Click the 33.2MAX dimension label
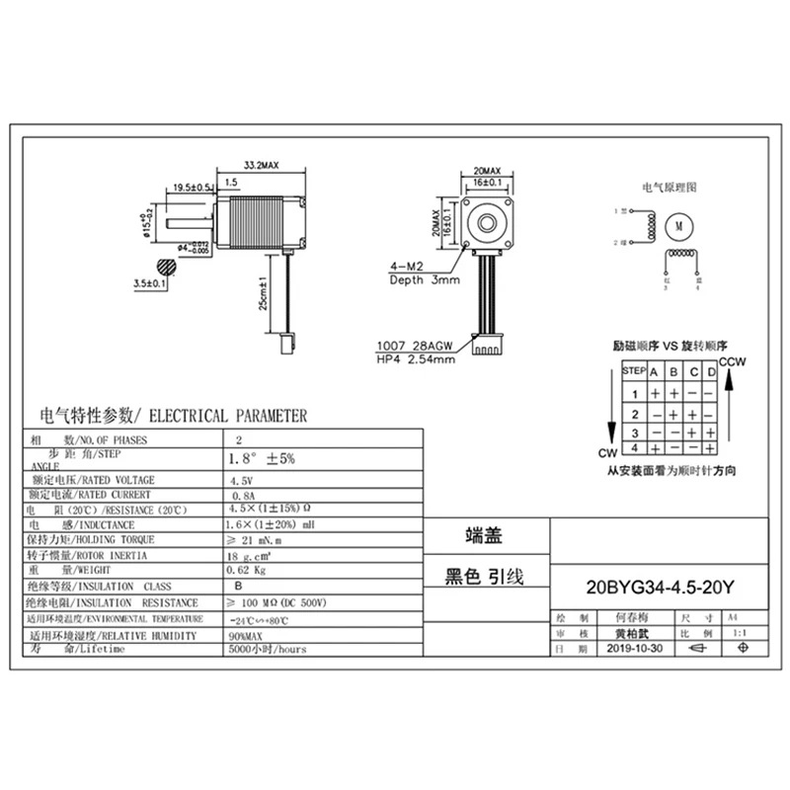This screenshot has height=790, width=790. [260, 167]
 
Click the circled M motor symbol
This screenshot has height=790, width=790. [678, 224]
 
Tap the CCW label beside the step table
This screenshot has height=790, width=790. [733, 362]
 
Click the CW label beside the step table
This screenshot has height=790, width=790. [607, 453]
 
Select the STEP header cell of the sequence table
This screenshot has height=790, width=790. [634, 372]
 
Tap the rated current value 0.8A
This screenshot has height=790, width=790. [241, 495]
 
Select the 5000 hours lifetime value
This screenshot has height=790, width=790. [267, 650]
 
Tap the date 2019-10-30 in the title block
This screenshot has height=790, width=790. [636, 649]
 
